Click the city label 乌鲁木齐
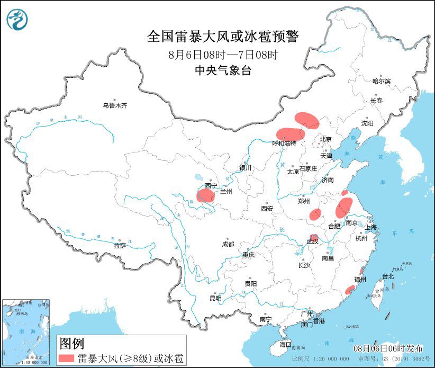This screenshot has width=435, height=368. click(x=115, y=105)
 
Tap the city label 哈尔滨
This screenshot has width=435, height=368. click(x=381, y=81)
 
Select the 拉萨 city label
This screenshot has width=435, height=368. click(x=120, y=245)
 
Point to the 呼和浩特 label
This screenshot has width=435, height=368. click(x=284, y=143)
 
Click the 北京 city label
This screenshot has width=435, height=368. click(x=325, y=140)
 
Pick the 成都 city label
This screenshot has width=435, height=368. click(x=228, y=244)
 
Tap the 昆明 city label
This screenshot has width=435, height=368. click(x=215, y=298)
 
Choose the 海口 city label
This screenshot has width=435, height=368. click(x=285, y=345)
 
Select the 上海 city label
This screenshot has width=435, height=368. click(x=370, y=227)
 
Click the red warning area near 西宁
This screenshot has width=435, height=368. click(x=205, y=196)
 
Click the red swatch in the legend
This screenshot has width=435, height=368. click(x=66, y=358)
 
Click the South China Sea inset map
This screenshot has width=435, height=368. click(x=26, y=332)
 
